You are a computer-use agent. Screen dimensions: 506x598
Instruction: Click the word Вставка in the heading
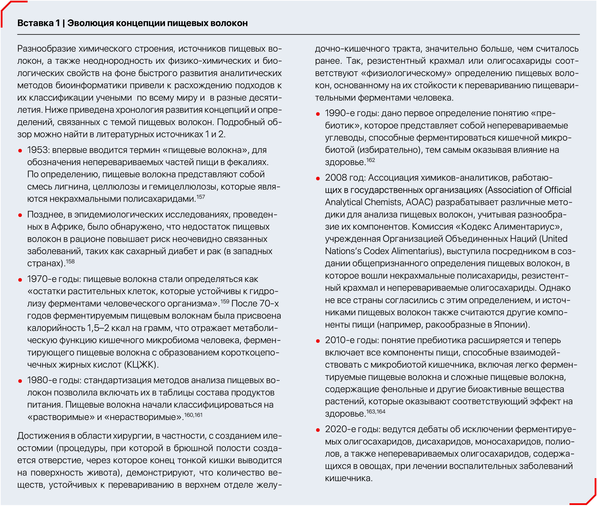tap(35, 23)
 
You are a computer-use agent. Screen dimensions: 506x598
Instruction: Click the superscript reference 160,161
tap(193, 415)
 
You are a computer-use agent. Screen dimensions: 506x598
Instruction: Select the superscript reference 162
tap(370, 160)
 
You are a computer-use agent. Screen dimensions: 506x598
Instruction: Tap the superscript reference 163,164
tap(376, 412)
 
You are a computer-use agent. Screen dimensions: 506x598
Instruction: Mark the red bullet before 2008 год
tap(318, 178)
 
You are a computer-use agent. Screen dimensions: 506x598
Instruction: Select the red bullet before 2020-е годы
tap(318, 430)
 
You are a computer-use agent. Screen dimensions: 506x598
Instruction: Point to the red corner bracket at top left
tap(9, 9)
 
